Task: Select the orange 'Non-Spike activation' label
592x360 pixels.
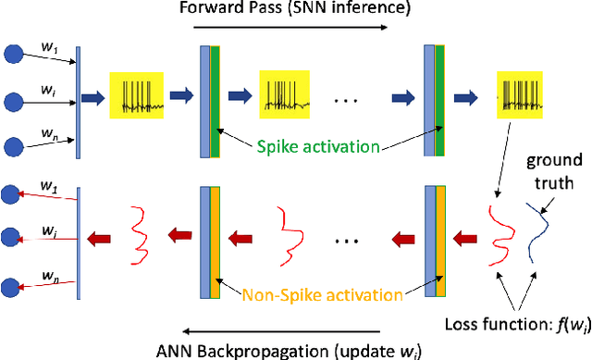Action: click(324, 295)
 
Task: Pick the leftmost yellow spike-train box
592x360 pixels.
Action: click(138, 95)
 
